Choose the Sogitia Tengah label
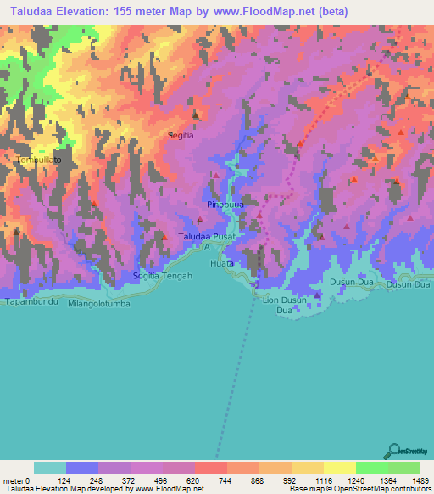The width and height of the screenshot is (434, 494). tap(163, 276)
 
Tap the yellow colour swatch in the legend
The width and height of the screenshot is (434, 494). tap(340, 468)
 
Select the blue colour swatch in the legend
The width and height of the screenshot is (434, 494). tap(82, 468)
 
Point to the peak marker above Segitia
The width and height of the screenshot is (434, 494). tap(195, 115)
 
